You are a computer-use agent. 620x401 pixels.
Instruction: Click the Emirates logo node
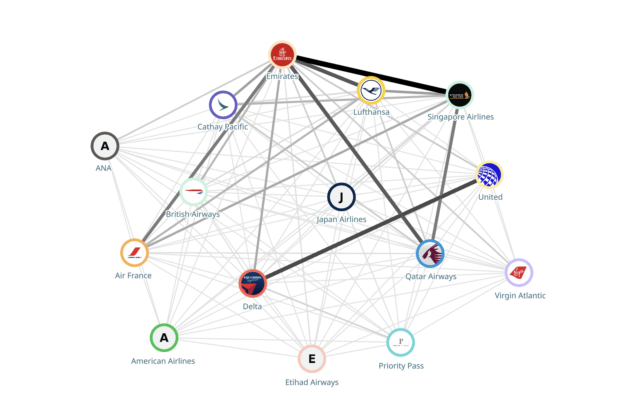coord(282,54)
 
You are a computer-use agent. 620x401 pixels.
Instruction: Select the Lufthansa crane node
coord(371,90)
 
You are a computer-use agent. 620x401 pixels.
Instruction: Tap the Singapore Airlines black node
coord(460,95)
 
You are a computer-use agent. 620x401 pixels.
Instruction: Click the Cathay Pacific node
coord(223,105)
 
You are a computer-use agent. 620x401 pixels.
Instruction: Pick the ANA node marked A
coord(105,146)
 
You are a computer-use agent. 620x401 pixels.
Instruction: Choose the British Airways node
coord(194,192)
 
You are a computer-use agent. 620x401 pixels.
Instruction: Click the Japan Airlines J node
coord(341,197)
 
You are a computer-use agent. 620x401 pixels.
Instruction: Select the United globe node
coord(489,175)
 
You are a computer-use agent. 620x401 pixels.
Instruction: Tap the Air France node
coord(134,253)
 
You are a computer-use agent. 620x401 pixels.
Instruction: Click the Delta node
coord(253,284)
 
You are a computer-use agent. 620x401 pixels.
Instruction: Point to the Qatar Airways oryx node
coord(430,254)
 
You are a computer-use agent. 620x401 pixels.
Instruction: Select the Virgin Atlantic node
coord(519,273)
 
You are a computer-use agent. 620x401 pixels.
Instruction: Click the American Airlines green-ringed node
coord(164,338)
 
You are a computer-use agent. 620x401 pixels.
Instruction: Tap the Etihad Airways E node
coord(312,359)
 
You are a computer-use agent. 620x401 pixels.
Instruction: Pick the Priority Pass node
coord(401,343)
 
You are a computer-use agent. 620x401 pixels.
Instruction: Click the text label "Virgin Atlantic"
coord(520,296)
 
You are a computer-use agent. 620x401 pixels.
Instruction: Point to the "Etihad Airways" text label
coord(312,382)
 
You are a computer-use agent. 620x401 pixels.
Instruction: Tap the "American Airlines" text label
coord(163,361)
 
